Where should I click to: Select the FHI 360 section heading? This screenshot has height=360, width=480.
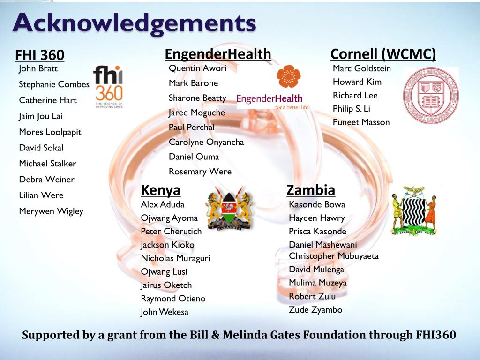[40, 55]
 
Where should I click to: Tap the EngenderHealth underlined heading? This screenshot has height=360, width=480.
[218, 54]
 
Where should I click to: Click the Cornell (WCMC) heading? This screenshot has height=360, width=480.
[383, 54]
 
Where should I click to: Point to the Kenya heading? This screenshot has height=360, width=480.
[161, 190]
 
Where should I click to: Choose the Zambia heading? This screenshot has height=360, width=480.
[311, 190]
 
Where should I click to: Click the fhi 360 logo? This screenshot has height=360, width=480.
[109, 87]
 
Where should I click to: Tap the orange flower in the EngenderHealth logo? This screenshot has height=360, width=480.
[289, 76]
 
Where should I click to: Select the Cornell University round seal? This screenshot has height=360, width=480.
[431, 96]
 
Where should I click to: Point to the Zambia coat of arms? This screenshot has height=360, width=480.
[414, 210]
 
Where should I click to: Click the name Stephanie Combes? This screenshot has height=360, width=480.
[54, 84]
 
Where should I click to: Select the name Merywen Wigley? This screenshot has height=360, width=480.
[51, 211]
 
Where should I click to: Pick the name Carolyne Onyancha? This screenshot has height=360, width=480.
[206, 142]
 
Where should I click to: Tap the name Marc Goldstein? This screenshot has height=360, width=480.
[362, 68]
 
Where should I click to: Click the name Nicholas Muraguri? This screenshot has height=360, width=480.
[176, 258]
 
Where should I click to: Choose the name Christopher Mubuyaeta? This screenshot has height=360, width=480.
[334, 256]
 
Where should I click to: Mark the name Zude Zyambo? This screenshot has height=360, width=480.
[315, 310]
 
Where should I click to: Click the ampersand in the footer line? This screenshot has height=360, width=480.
[216, 335]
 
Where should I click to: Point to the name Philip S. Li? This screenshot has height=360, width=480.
[352, 109]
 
